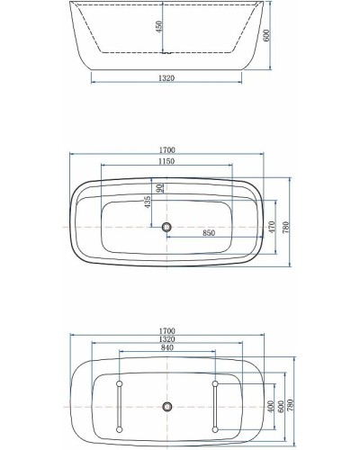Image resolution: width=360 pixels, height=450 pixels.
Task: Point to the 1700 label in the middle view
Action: coord(167,150)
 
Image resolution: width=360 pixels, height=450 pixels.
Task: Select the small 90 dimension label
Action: coord(160,188)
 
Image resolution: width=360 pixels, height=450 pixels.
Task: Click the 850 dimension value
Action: coord(209,232)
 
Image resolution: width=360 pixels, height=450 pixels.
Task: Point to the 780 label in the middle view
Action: coord(286,228)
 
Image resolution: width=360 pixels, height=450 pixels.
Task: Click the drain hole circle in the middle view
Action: coord(166,227)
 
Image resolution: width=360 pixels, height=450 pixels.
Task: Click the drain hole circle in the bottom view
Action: coord(166,406)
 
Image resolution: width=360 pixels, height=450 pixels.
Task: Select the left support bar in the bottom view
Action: coord(118,406)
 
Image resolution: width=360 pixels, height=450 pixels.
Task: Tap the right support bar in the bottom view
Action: coord(216,406)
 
